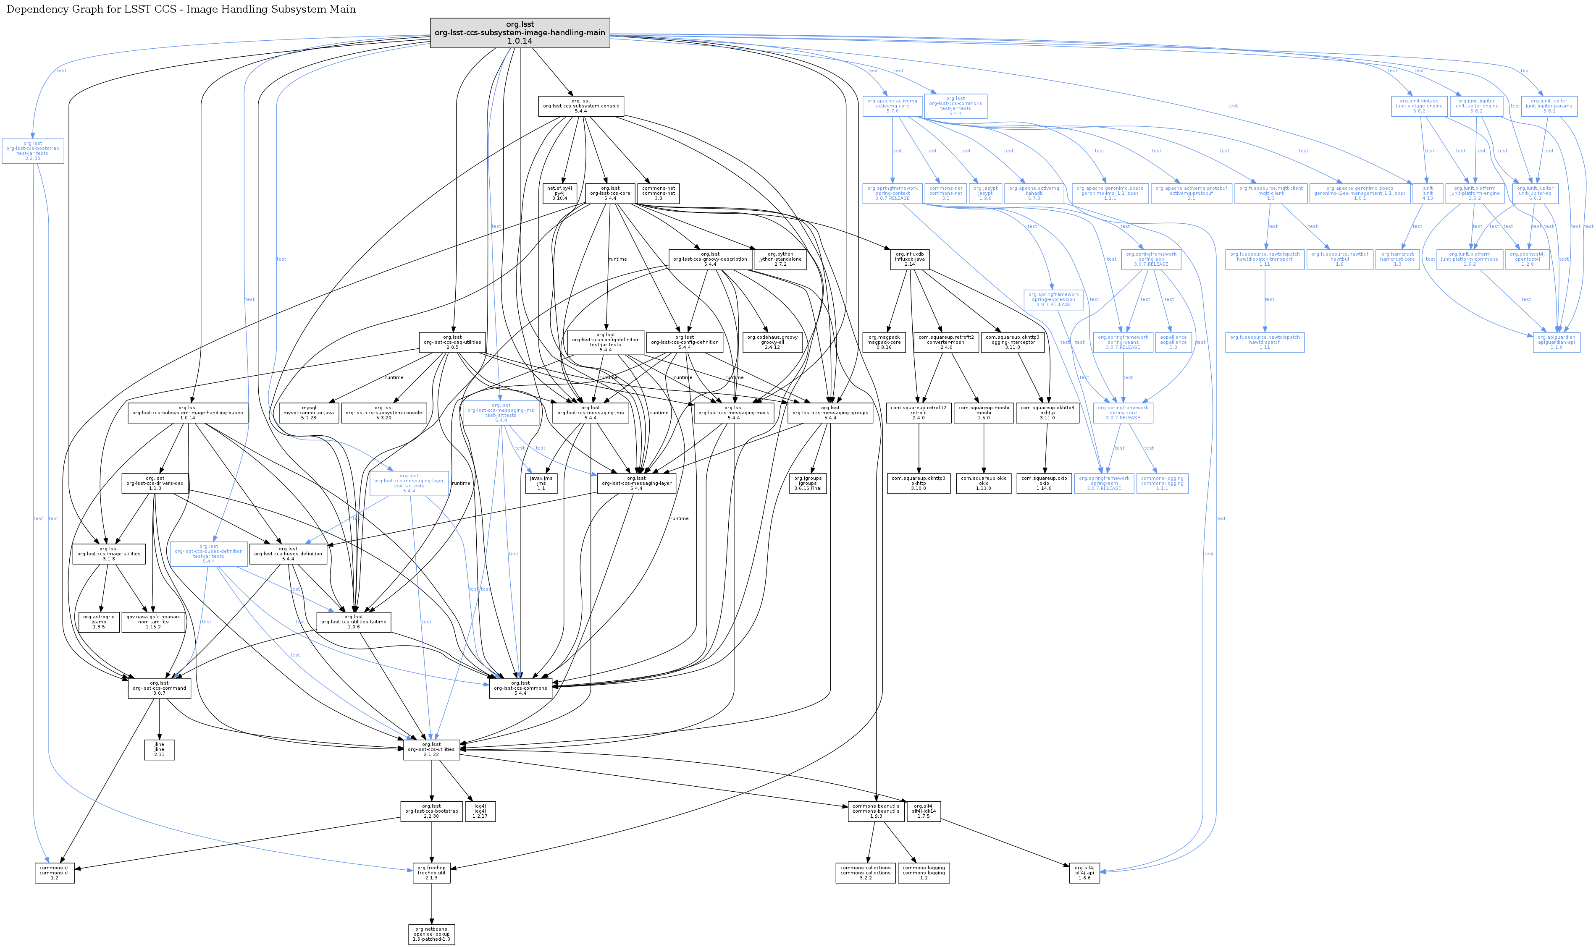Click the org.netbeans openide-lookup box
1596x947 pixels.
coord(432,934)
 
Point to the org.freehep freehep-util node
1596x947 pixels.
coord(432,872)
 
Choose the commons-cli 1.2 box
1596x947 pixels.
coord(54,872)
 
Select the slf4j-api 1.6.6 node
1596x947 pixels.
coord(1084,872)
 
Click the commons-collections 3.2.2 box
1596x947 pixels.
coord(865,872)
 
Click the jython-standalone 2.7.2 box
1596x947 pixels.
coord(780,259)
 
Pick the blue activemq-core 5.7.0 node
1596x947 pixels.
coord(892,106)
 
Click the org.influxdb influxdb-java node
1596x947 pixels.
coord(909,259)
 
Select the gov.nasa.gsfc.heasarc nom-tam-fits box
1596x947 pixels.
coord(153,622)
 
